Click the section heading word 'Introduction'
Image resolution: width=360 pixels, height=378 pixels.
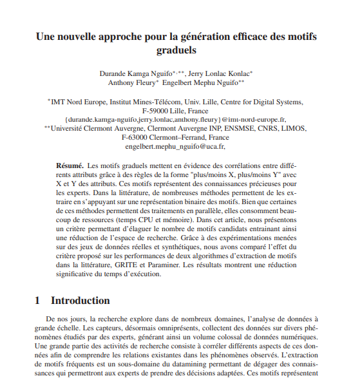click(x=81, y=300)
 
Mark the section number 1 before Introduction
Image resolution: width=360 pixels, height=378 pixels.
click(x=37, y=300)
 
